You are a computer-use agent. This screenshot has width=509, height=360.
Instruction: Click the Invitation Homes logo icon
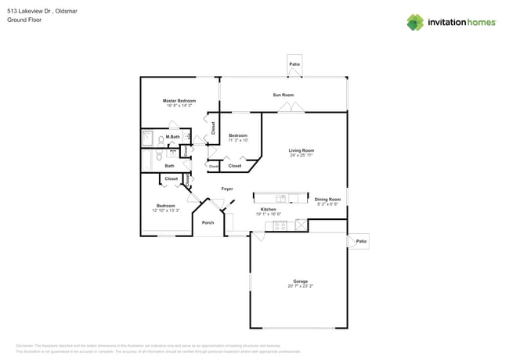[414, 22]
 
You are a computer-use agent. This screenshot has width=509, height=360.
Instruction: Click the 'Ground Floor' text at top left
[23, 20]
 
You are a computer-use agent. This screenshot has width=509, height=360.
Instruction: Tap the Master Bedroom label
[179, 101]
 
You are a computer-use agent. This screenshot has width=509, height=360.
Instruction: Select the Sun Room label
[283, 95]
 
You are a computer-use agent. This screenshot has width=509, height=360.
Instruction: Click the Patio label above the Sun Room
[294, 64]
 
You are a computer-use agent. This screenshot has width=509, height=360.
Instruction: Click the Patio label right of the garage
[361, 242]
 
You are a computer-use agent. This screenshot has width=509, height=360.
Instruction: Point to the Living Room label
[301, 150]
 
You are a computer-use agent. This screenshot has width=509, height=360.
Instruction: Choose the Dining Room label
[327, 200]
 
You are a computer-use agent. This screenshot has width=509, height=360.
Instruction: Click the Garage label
[300, 281]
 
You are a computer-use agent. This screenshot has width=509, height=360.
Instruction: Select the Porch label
[208, 223]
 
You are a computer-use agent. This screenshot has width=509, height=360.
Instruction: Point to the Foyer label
[227, 189]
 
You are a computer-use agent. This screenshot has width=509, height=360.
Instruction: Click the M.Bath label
[173, 138]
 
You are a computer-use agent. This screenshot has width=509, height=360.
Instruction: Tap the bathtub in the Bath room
[147, 160]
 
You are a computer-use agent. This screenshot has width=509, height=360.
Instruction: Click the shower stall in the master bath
[148, 139]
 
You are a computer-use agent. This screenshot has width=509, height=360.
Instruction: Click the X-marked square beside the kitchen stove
[299, 225]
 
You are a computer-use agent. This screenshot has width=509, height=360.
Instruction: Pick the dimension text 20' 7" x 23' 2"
[300, 286]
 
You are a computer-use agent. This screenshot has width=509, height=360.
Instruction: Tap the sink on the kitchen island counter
[281, 198]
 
